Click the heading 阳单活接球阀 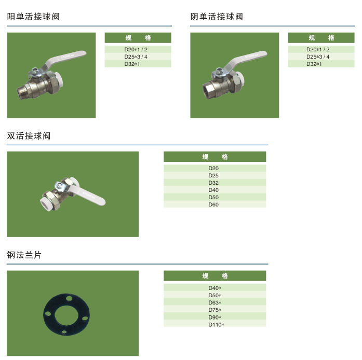[x=33, y=17]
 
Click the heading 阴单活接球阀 [x=217, y=17]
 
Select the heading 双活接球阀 [x=29, y=136]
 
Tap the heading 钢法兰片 [x=24, y=255]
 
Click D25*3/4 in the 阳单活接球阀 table [x=136, y=57]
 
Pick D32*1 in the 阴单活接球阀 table [x=314, y=64]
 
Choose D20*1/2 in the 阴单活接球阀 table [x=318, y=49]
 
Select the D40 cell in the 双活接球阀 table [x=213, y=190]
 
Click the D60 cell [x=213, y=204]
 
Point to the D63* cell [x=214, y=302]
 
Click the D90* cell [x=214, y=317]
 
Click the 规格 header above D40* [x=215, y=276]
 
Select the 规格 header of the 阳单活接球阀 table [x=138, y=38]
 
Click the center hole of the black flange [x=66, y=315]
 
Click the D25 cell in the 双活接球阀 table [x=213, y=175]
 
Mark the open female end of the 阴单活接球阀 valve [x=208, y=92]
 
